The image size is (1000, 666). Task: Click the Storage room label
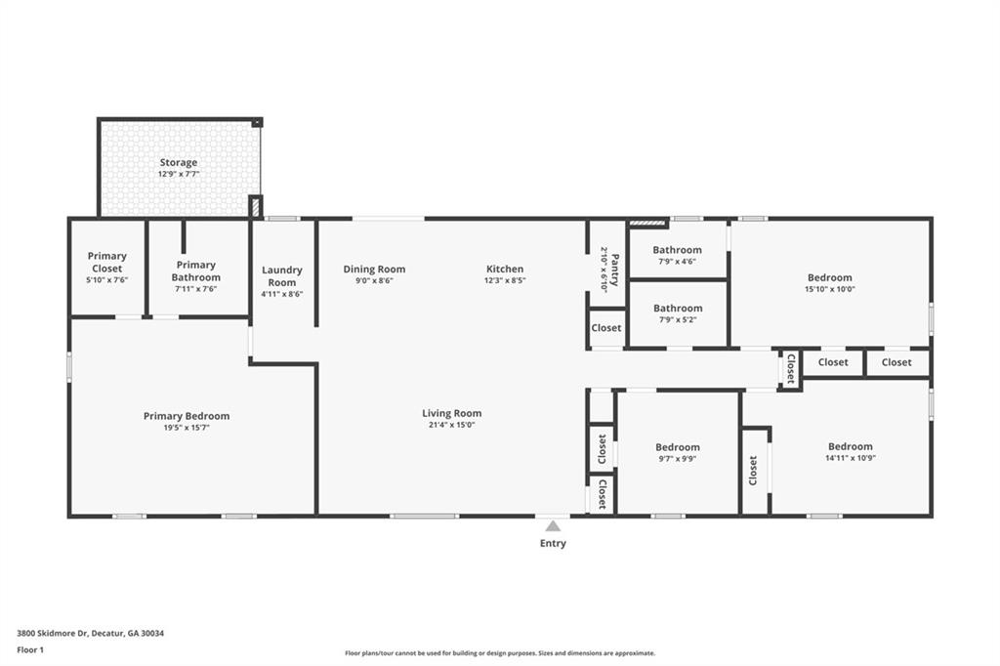pos(179,162)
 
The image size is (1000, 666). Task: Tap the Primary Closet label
pos(107,262)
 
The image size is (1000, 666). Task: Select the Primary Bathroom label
pos(195,271)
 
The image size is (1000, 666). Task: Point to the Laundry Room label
pos(282,276)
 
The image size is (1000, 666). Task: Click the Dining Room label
pos(374,270)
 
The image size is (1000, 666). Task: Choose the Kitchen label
pos(505,270)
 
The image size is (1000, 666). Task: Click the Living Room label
pos(451,413)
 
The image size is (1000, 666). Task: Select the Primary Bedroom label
pos(187,416)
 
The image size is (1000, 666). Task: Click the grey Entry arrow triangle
pos(553,525)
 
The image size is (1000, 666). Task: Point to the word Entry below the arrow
pos(553,544)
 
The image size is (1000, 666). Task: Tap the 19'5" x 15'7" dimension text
pos(187,428)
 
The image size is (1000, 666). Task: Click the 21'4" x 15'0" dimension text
pos(451,425)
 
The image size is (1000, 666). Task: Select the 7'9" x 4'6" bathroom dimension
pos(678,262)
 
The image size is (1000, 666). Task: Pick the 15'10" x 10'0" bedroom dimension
pos(830,289)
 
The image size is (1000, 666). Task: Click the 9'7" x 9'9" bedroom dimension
pos(678,458)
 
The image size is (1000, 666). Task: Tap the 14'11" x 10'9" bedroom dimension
pos(851,457)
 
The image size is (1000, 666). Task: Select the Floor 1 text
pos(30,650)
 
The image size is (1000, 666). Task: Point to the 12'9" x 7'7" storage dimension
pos(179,174)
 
